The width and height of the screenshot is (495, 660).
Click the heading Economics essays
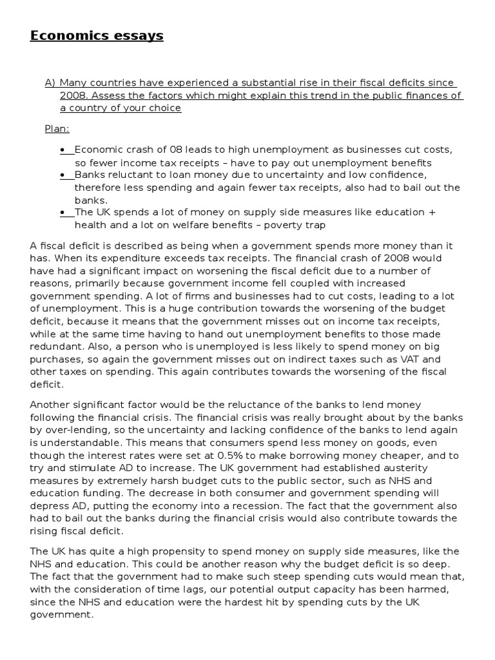pyautogui.click(x=97, y=35)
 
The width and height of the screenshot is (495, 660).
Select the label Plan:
pyautogui.click(x=56, y=129)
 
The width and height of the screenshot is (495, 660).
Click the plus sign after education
pyautogui.click(x=431, y=213)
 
